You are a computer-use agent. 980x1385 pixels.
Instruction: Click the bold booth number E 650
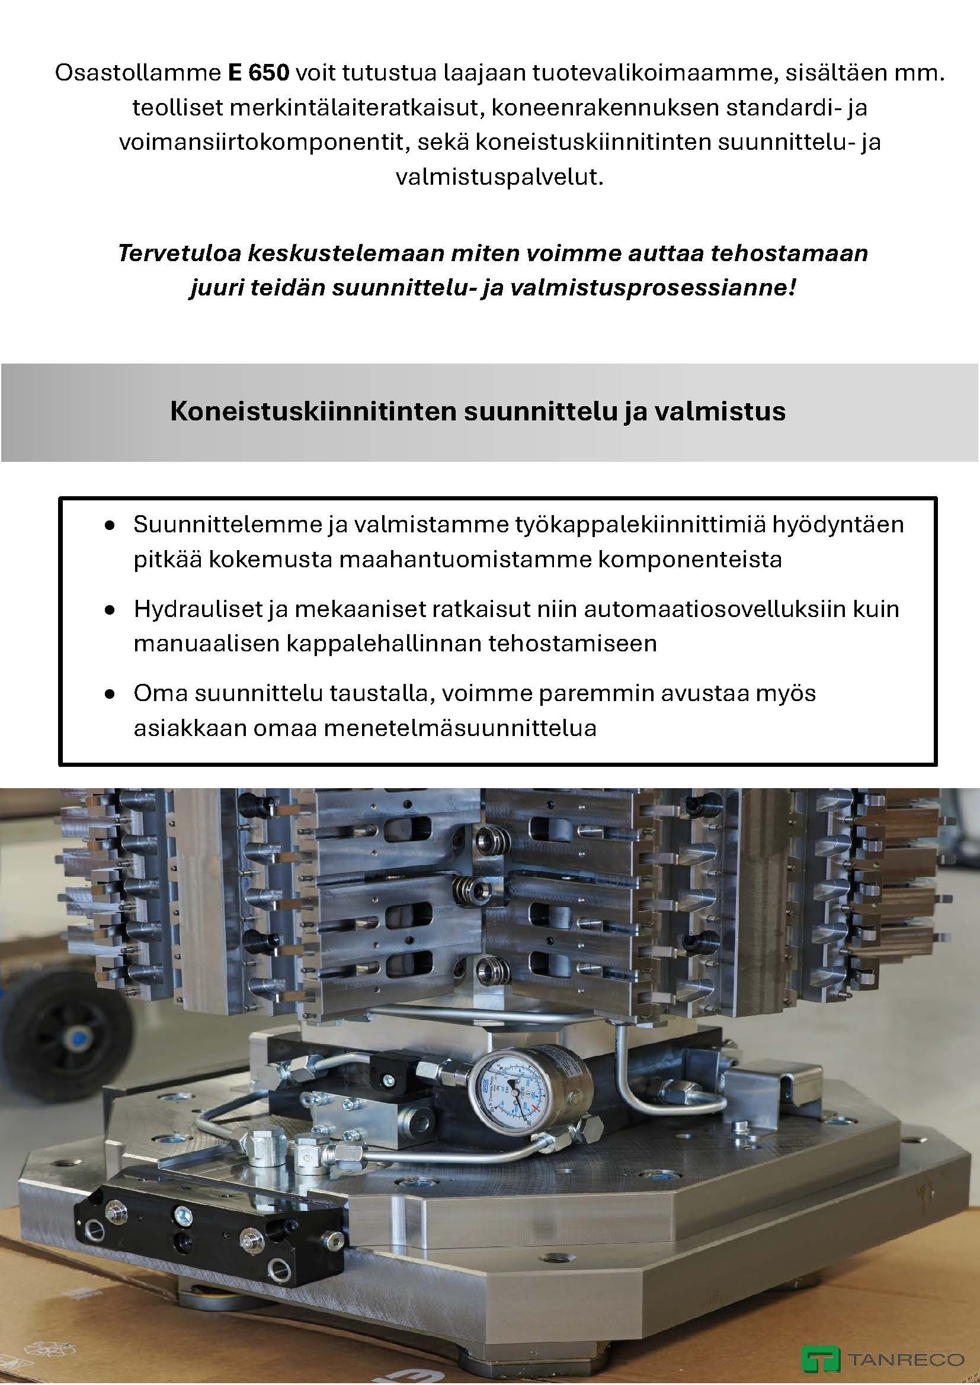(258, 73)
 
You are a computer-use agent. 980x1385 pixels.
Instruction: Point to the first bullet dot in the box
(109, 526)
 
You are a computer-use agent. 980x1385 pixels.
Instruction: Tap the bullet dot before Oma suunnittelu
(109, 695)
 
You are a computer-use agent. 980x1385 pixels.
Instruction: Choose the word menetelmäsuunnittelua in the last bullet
(460, 728)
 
